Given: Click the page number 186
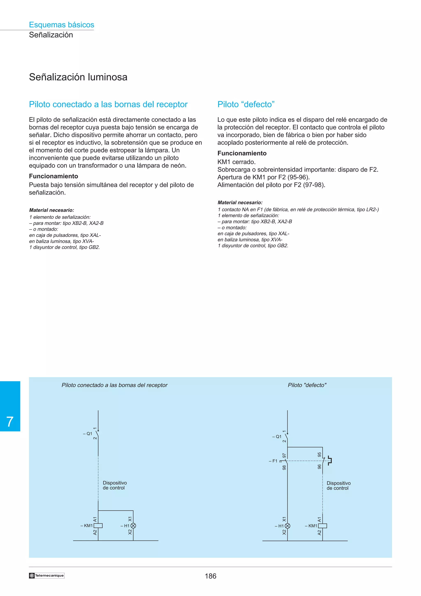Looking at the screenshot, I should click(210, 576).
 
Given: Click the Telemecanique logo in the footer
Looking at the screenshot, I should click(47, 575).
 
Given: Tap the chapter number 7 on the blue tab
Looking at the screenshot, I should click(10, 422).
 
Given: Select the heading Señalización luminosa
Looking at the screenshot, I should click(78, 77).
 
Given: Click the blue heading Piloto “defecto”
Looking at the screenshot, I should click(246, 104).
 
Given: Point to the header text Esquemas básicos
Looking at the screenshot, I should click(61, 25).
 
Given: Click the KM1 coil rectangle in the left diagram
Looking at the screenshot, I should click(98, 526).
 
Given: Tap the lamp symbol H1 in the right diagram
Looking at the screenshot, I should click(287, 526).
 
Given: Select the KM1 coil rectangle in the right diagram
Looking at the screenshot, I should click(322, 526).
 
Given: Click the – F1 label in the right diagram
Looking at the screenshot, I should click(273, 461).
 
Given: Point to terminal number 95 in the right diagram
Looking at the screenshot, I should click(319, 455).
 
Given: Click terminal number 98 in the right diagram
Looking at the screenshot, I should click(284, 467).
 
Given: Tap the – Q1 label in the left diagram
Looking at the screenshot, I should click(88, 434).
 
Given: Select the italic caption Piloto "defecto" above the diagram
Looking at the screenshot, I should click(307, 385).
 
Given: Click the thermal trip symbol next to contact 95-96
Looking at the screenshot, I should click(330, 460).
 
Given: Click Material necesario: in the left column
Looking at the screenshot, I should click(52, 210).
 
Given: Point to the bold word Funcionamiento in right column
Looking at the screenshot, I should click(242, 153).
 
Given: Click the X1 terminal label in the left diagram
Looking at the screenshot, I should click(130, 519).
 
